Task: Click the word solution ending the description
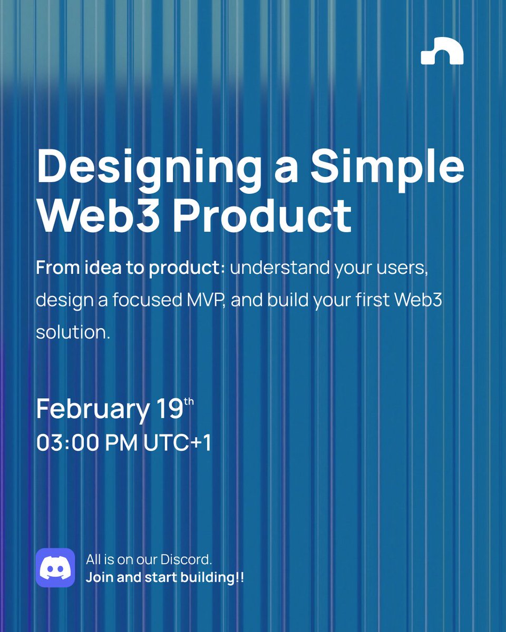[73, 333]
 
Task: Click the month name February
[93, 410]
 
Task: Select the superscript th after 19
[189, 402]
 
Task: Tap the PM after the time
[122, 442]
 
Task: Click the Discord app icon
[55, 567]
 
